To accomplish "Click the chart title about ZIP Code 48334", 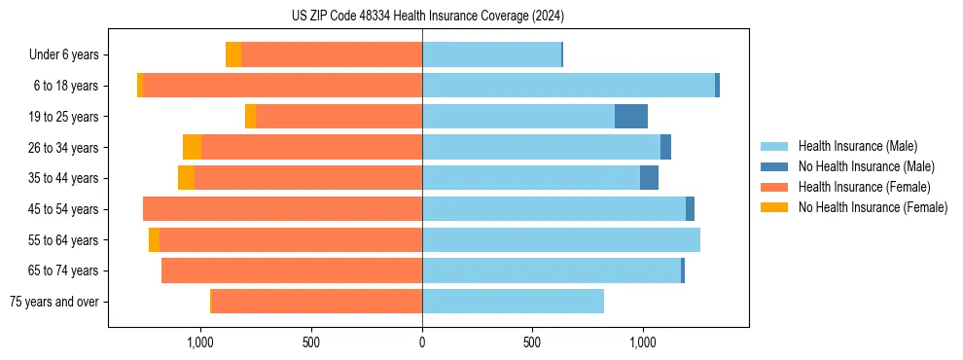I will pyautogui.click(x=427, y=17).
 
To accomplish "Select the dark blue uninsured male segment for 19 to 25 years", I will pyautogui.click(x=631, y=117).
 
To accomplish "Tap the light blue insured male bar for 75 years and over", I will pyautogui.click(x=513, y=302).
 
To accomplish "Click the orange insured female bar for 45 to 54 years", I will pyautogui.click(x=282, y=209).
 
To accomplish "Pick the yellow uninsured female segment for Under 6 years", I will pyautogui.click(x=233, y=55).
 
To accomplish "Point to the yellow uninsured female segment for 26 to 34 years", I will pyautogui.click(x=192, y=148).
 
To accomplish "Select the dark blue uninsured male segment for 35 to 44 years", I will pyautogui.click(x=649, y=178).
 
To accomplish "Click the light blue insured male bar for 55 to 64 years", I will pyautogui.click(x=560, y=240).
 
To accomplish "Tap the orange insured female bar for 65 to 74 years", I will pyautogui.click(x=292, y=270).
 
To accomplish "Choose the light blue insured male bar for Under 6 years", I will pyautogui.click(x=491, y=55).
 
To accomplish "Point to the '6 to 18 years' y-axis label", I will pyautogui.click(x=66, y=86).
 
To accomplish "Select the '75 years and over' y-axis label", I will pyautogui.click(x=54, y=302).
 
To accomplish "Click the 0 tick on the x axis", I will pyautogui.click(x=422, y=342).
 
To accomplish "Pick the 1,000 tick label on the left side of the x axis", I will pyautogui.click(x=199, y=342).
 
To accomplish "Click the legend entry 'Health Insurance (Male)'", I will pyautogui.click(x=857, y=147).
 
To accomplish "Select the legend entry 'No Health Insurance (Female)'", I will pyautogui.click(x=873, y=207).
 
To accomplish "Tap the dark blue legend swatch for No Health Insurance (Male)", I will pyautogui.click(x=775, y=167).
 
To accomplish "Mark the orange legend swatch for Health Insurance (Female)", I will pyautogui.click(x=775, y=187).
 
